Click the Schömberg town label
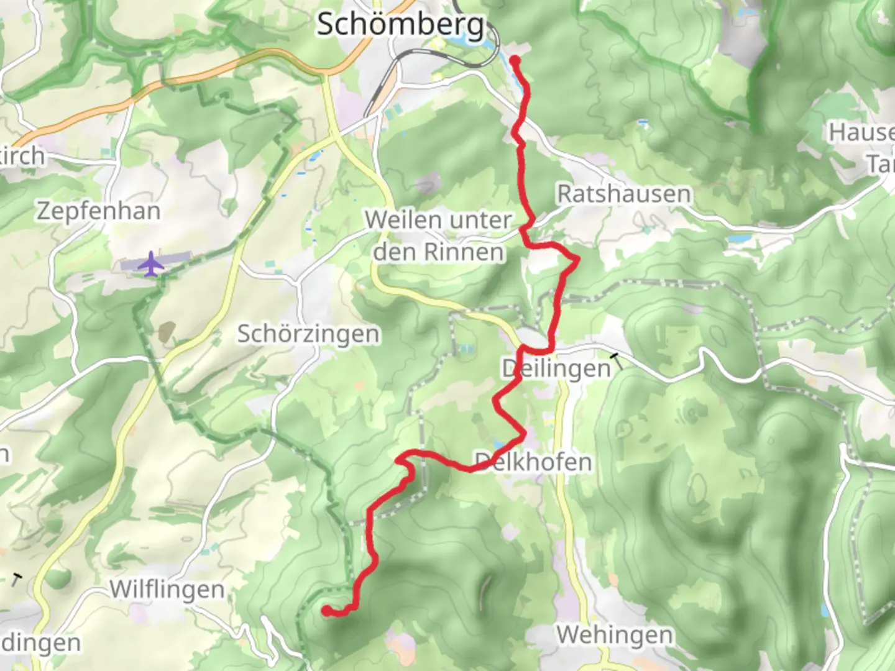pyautogui.click(x=400, y=25)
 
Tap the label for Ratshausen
pyautogui.click(x=623, y=194)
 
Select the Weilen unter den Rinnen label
pyautogui.click(x=438, y=236)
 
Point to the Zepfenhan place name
pyautogui.click(x=98, y=211)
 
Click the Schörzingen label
pyautogui.click(x=308, y=334)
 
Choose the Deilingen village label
pyautogui.click(x=556, y=369)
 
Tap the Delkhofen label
pyautogui.click(x=533, y=462)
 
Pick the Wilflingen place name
pyautogui.click(x=167, y=589)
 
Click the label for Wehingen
pyautogui.click(x=614, y=635)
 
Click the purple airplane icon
pyautogui.click(x=151, y=264)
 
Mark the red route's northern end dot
pyautogui.click(x=515, y=60)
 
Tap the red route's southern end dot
pyautogui.click(x=326, y=611)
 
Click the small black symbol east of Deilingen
pyautogui.click(x=615, y=357)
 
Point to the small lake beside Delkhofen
pyautogui.click(x=499, y=444)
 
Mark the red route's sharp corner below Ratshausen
pyautogui.click(x=578, y=258)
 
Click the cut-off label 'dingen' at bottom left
pyautogui.click(x=40, y=643)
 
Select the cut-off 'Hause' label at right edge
pyautogui.click(x=861, y=132)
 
